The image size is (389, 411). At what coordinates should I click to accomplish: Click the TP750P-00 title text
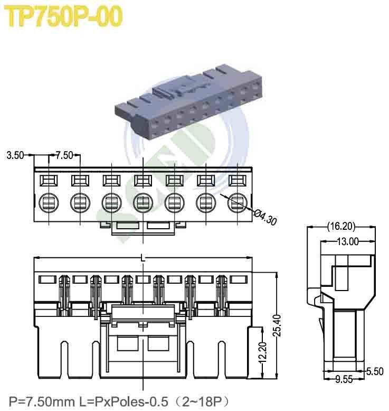[63, 17]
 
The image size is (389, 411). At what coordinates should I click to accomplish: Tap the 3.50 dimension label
[15, 155]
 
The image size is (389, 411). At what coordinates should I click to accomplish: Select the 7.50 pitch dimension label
[64, 155]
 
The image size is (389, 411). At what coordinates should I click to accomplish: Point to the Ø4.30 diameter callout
[266, 216]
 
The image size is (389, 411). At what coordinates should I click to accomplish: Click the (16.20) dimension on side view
[340, 227]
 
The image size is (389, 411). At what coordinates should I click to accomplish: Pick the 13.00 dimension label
[347, 241]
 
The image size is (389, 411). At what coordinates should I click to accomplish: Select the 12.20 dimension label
[261, 351]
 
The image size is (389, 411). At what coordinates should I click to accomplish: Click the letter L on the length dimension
[143, 258]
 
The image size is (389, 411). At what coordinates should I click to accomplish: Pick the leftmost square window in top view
[48, 181]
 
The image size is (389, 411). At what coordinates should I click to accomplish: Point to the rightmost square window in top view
[238, 181]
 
